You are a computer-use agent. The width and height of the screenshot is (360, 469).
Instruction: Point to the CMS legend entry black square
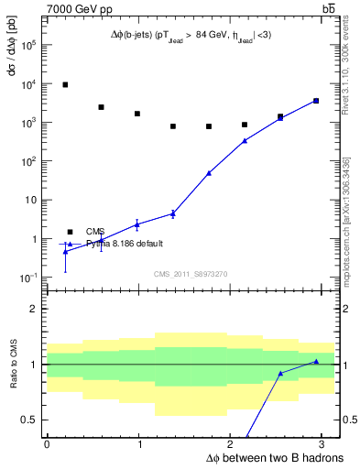(70, 232)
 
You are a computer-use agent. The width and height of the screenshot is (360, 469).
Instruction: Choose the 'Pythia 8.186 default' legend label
(125, 244)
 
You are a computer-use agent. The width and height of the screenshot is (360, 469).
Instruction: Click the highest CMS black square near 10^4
(65, 84)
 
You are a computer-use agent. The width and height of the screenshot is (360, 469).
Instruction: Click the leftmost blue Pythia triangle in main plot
(65, 251)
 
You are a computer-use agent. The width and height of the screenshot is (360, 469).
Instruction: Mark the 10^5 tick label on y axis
(29, 43)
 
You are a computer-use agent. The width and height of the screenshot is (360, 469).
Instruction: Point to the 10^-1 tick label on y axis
(29, 278)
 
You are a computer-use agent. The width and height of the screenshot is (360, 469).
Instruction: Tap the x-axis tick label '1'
(137, 443)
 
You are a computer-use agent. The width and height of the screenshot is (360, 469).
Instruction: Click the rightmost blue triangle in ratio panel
(316, 361)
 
